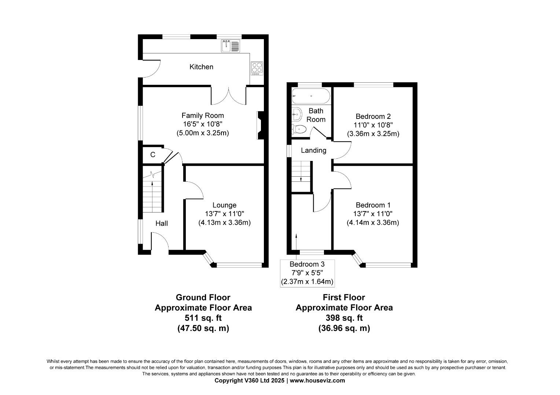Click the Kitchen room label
click(x=201, y=67)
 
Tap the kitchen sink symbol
click(x=230, y=46)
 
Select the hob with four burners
click(x=257, y=68)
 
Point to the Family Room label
click(x=202, y=116)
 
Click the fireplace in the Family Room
click(x=260, y=125)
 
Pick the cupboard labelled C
click(x=153, y=155)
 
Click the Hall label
click(x=161, y=223)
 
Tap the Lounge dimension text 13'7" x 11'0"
click(x=224, y=214)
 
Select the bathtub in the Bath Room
click(x=311, y=96)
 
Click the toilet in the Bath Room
click(x=299, y=129)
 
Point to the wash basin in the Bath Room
click(x=296, y=114)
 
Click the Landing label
click(x=313, y=150)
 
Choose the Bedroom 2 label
click(x=373, y=117)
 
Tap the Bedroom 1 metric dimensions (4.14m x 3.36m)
click(x=373, y=222)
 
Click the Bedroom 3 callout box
click(x=307, y=273)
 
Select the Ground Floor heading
click(x=203, y=297)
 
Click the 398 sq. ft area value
click(x=344, y=318)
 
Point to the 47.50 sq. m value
click(x=203, y=328)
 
